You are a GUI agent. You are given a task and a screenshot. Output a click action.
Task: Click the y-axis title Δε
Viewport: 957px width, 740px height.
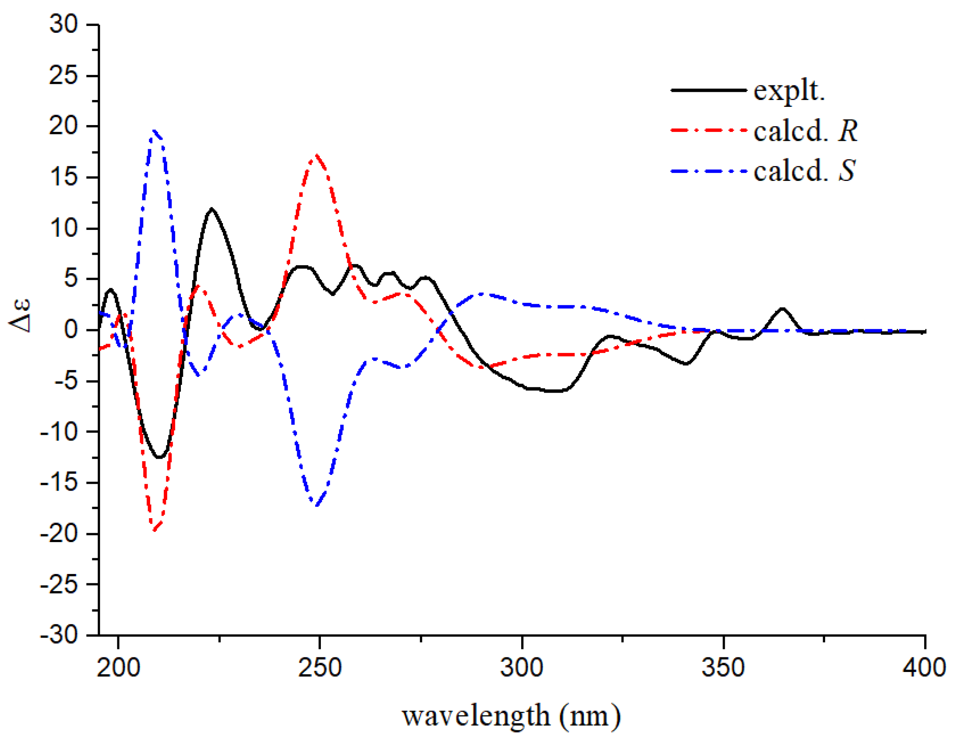click(20, 316)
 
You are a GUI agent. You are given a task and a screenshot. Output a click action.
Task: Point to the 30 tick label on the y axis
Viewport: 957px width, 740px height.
click(64, 25)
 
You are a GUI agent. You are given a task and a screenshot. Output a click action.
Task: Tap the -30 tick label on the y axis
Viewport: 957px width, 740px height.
click(59, 635)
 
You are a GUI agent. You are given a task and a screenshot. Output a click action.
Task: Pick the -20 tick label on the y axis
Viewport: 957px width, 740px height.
click(59, 534)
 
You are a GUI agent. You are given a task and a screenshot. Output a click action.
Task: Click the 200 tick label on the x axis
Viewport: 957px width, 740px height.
click(118, 668)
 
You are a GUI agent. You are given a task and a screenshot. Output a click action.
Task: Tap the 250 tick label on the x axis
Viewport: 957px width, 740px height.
click(320, 668)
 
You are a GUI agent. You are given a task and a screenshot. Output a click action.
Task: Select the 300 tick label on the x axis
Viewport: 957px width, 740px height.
click(522, 668)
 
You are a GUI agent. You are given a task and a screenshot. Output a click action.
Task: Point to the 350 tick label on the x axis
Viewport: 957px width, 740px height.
click(724, 668)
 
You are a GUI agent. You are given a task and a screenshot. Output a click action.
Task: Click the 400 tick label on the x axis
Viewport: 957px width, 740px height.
click(924, 668)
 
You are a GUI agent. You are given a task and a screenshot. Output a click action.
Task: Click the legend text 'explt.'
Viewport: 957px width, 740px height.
click(789, 91)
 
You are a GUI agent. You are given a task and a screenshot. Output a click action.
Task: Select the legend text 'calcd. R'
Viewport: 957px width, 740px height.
click(805, 131)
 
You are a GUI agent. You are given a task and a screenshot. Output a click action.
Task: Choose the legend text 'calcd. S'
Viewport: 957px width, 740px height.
click(804, 170)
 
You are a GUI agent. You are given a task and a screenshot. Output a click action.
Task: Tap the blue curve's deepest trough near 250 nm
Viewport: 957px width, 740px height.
click(316, 506)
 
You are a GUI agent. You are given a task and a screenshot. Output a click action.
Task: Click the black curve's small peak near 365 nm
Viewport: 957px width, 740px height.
click(783, 308)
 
